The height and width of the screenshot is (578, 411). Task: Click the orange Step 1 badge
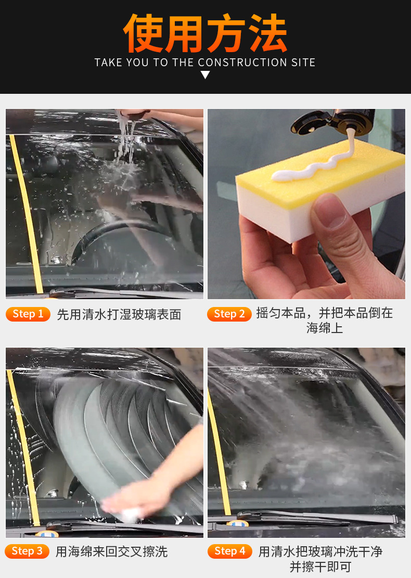28,314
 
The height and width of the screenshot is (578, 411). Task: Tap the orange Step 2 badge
229,314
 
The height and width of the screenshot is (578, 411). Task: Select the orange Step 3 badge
27,551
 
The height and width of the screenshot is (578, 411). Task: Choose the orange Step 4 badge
229,551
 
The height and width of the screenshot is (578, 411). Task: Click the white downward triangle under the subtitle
205,75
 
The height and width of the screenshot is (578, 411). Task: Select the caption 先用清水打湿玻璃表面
119,314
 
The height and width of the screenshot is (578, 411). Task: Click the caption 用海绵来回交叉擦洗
111,551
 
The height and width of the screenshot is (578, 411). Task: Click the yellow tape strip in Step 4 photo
219,453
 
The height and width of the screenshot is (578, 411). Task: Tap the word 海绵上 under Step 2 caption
324,328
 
